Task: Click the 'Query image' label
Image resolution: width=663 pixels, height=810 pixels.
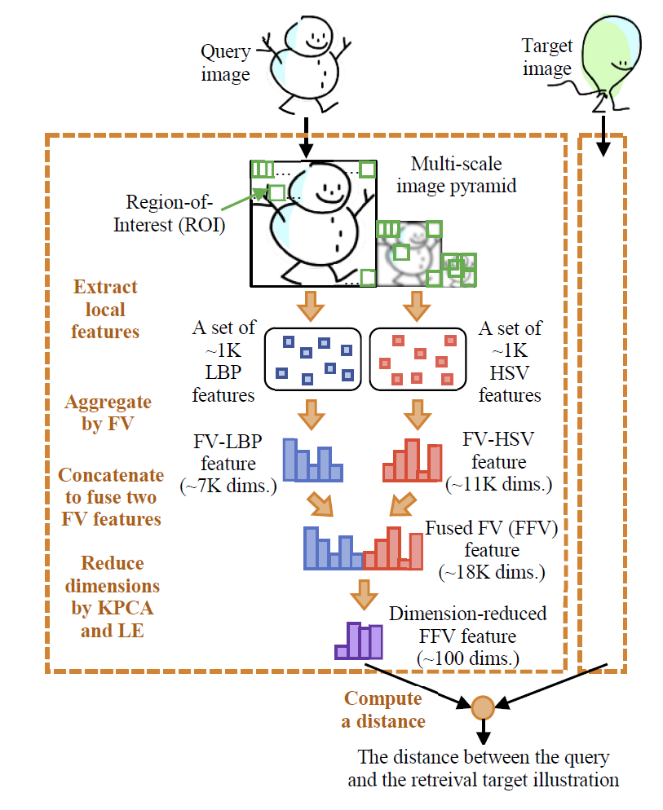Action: (226, 64)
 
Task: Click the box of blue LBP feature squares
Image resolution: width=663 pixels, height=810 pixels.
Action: (313, 359)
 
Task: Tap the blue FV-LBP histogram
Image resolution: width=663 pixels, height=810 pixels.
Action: (311, 460)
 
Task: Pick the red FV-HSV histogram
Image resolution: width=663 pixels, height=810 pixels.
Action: (413, 460)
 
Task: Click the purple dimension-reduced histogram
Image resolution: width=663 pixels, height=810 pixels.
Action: (359, 641)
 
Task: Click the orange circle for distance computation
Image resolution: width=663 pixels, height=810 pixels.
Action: (482, 705)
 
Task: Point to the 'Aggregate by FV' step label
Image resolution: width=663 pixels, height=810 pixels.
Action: (108, 413)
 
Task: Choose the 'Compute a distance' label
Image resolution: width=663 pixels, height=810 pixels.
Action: (383, 709)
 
